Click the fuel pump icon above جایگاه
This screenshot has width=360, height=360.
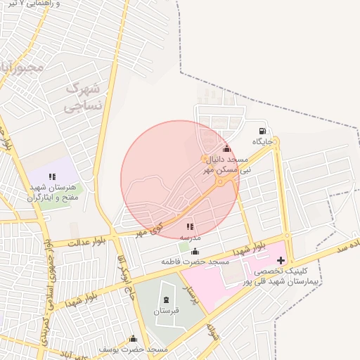pos(262,131)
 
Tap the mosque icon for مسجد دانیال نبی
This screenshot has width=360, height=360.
pos(226,149)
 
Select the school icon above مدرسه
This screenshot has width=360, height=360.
pos(189,227)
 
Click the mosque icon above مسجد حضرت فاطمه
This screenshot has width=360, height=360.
pos(195,252)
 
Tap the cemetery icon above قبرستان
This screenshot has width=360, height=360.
pos(166,300)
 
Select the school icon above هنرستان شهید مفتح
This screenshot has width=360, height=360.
pos(51,177)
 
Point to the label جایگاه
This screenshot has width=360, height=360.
pos(263,141)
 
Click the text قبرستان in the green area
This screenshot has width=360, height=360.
pos(167,310)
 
